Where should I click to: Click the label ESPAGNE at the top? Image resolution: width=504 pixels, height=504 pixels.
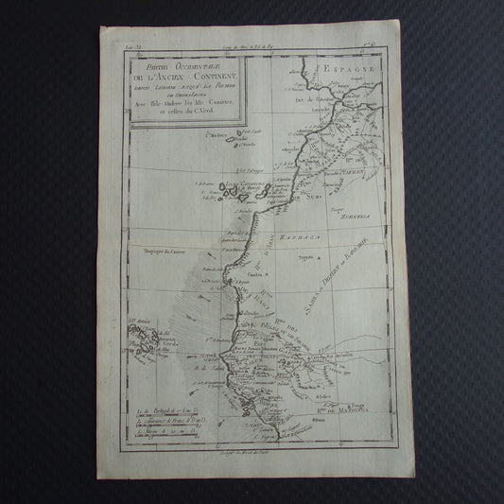click(349, 70)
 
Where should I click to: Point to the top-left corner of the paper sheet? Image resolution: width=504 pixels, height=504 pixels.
click(100, 26)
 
